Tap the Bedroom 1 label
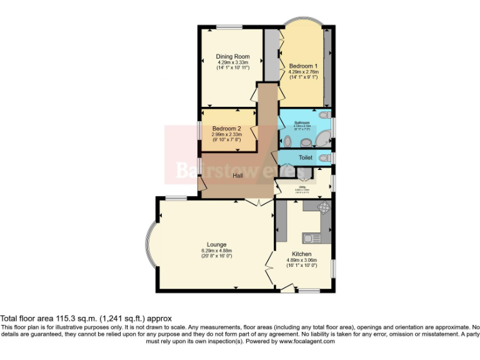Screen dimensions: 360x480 (303, 66)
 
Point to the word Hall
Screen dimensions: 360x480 (238, 176)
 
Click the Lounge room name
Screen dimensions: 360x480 (217, 244)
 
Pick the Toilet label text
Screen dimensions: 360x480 (305, 158)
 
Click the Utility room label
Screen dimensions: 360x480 (301, 186)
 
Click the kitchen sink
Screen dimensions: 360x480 (311, 237)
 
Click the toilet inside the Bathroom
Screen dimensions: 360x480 (325, 116)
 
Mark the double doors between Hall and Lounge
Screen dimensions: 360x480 (254, 202)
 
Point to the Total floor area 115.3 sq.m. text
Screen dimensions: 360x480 (86, 318)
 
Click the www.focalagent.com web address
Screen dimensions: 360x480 (307, 341)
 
